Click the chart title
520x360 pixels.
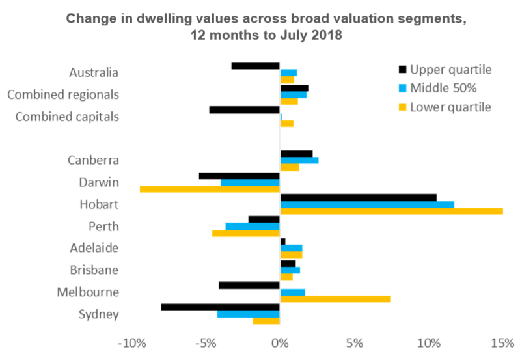[x=266, y=26]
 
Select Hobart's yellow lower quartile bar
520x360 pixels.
[x=391, y=211]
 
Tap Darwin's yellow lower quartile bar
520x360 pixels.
[x=210, y=189]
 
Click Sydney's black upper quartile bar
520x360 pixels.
[x=220, y=307]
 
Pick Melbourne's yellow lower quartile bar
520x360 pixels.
[x=335, y=299]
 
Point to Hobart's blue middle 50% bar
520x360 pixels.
[x=367, y=204]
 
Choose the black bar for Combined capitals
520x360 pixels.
[x=244, y=109]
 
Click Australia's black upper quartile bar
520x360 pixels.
[x=255, y=66]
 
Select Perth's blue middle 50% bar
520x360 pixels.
[x=253, y=226]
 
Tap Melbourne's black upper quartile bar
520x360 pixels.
[x=249, y=285]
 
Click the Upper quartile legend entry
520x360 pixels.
[x=444, y=70]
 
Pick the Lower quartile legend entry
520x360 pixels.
[x=444, y=105]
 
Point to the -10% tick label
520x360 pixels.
[x=131, y=342]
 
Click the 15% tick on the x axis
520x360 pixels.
[x=502, y=342]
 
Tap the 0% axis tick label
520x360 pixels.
[x=280, y=342]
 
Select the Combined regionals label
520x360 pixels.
[x=63, y=94]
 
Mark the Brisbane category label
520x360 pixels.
[x=94, y=270]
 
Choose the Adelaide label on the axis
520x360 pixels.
[x=94, y=248]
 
